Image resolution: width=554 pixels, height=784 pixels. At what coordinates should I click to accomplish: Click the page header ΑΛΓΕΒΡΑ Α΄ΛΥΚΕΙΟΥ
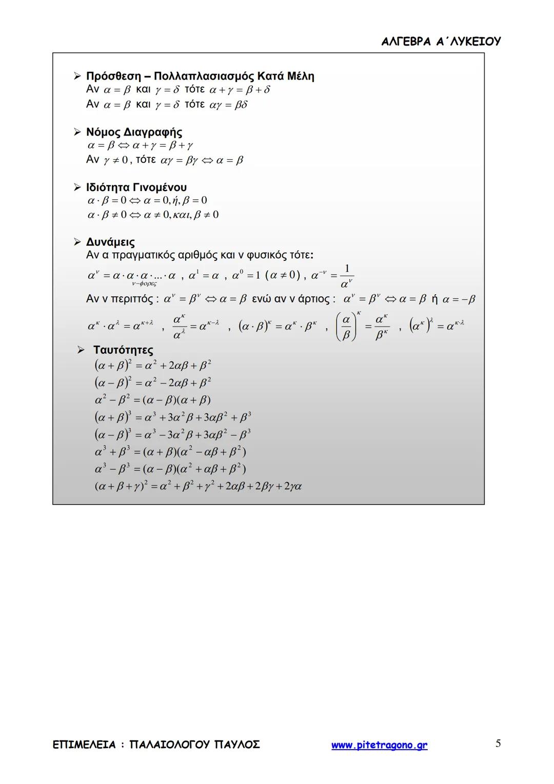[441, 42]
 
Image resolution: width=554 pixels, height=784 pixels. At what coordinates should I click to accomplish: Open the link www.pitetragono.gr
[379, 745]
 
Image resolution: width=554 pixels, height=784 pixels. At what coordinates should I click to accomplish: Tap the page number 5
[498, 743]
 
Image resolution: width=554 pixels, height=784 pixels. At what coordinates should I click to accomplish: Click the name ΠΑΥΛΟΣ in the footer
[237, 744]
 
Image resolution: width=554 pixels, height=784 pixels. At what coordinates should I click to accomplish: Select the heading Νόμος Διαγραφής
[134, 132]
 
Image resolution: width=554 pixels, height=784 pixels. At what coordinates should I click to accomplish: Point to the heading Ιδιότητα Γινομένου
[136, 187]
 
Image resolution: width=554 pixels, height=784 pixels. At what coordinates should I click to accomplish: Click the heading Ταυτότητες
[123, 350]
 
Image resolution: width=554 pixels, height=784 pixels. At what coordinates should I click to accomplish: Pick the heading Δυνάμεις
[110, 242]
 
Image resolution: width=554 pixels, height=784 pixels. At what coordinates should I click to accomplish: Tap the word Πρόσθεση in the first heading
[113, 76]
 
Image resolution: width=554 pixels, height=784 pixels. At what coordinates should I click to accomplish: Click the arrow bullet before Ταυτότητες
[81, 350]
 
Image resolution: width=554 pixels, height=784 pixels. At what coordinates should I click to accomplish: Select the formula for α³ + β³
[170, 452]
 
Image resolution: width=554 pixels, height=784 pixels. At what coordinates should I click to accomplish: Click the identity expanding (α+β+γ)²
[198, 486]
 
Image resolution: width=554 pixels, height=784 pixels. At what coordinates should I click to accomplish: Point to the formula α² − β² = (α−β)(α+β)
[153, 399]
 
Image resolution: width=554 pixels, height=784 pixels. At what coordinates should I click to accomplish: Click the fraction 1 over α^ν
[347, 276]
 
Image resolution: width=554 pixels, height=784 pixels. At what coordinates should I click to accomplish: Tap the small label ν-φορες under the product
[144, 283]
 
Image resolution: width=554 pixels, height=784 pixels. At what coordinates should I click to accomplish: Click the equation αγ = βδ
[229, 105]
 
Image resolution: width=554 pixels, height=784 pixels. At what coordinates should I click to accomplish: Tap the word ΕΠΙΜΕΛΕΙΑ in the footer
[84, 744]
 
